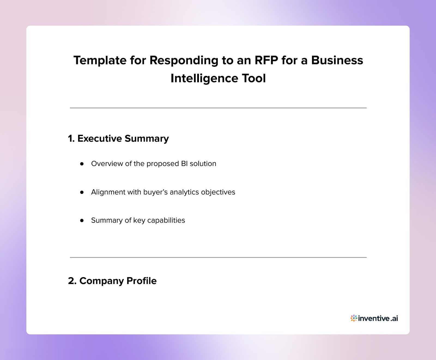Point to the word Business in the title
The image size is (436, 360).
(x=337, y=60)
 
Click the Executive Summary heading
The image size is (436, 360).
(x=118, y=139)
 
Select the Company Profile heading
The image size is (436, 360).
(x=112, y=281)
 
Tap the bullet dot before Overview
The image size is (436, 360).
(x=82, y=164)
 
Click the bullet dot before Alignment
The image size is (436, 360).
(x=82, y=192)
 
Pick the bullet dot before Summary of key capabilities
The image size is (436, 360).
(x=82, y=221)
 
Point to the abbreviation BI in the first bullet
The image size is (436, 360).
(x=184, y=164)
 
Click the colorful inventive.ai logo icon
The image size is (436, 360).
(x=353, y=318)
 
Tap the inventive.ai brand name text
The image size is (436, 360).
(x=378, y=318)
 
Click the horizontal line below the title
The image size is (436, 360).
(x=218, y=108)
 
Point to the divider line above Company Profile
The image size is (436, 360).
(x=218, y=257)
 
